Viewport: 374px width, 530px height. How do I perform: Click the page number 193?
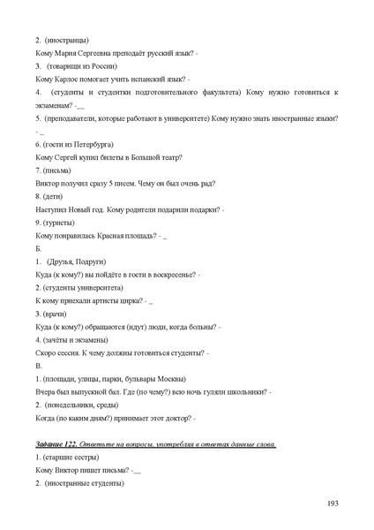coord(333,503)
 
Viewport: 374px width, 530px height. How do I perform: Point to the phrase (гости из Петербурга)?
coord(76,144)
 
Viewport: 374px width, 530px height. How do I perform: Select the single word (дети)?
coord(54,196)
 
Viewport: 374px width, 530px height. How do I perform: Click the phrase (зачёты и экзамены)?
coord(75,339)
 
